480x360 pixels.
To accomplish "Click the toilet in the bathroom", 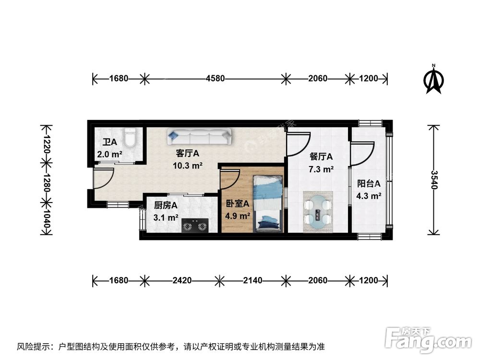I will (x=130, y=138).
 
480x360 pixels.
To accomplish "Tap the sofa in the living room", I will (x=200, y=137).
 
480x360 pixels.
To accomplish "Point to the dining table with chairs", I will (x=318, y=212).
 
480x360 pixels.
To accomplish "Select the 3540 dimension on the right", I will (x=434, y=180).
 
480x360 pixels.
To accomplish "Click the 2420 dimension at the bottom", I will (x=181, y=280).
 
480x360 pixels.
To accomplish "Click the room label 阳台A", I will (x=369, y=184).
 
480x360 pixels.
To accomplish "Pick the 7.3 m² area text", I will (x=322, y=169).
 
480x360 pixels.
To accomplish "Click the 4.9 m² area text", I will (x=238, y=216).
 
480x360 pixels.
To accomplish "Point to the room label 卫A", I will (x=109, y=143).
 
